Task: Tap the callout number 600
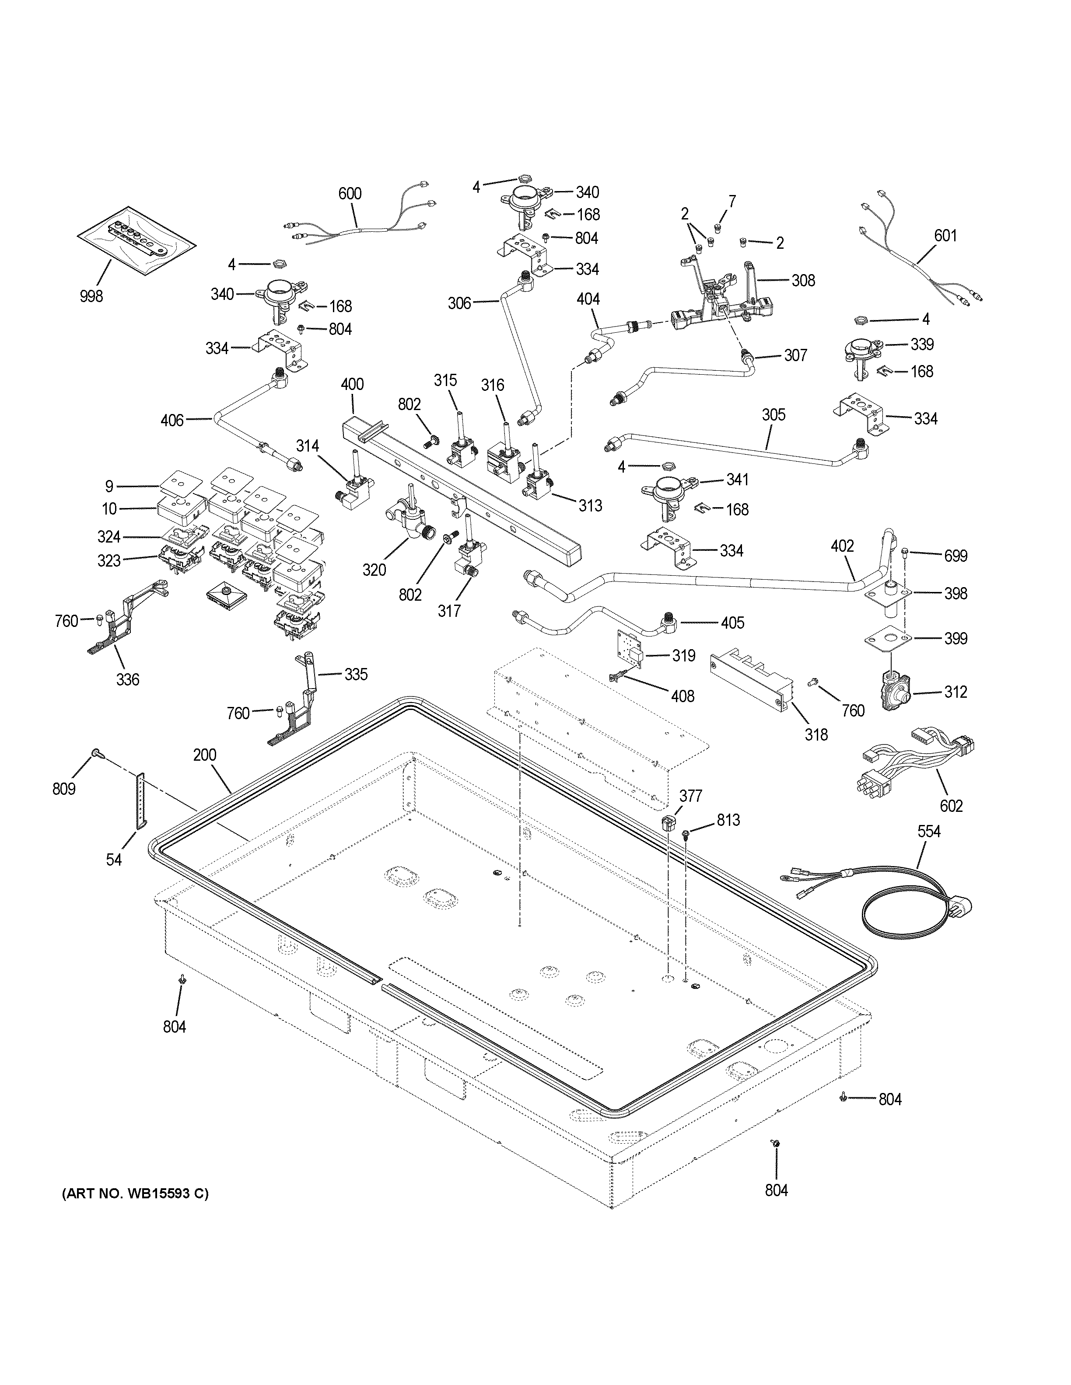pyautogui.click(x=350, y=193)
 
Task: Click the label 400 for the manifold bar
pyautogui.click(x=352, y=384)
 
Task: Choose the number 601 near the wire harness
pyautogui.click(x=945, y=236)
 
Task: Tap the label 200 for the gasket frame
pyautogui.click(x=205, y=755)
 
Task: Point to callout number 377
pyautogui.click(x=691, y=796)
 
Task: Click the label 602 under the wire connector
pyautogui.click(x=950, y=806)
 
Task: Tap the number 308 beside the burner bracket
pyautogui.click(x=803, y=280)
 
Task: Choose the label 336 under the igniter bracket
pyautogui.click(x=127, y=680)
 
